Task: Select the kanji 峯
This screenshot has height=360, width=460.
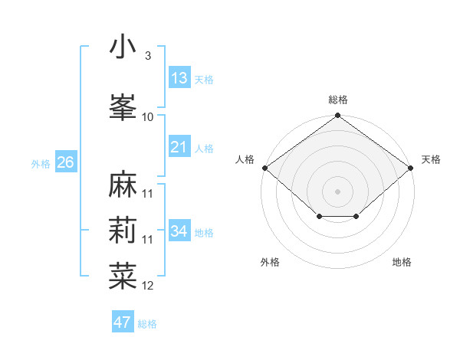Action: coord(123,106)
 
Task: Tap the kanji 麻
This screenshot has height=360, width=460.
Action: coord(123,185)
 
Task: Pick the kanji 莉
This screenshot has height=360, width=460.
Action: coord(123,231)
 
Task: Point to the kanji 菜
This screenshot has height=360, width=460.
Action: coord(123,277)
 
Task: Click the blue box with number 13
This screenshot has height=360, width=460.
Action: coord(179,78)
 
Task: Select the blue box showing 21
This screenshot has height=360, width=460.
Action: coord(179,147)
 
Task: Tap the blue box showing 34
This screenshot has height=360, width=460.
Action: coord(179,231)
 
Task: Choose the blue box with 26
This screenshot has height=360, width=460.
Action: coord(65,162)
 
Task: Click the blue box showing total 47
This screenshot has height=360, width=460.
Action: coord(123,322)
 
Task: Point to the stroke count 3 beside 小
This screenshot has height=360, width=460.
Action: coord(147,57)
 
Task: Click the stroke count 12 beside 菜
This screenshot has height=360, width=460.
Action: coord(149,286)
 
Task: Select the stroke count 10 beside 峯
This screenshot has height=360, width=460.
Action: coord(148,116)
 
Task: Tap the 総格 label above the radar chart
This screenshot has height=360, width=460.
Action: coord(338,100)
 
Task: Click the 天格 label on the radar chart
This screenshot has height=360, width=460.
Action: coord(432,159)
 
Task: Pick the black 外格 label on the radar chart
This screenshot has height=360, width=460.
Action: coord(270,262)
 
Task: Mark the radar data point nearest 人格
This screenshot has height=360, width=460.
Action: coord(264,168)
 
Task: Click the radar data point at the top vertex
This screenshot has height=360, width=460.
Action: coord(338,116)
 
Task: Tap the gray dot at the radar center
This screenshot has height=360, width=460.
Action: coord(338,191)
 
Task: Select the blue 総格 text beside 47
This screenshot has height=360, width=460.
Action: coord(147,324)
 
